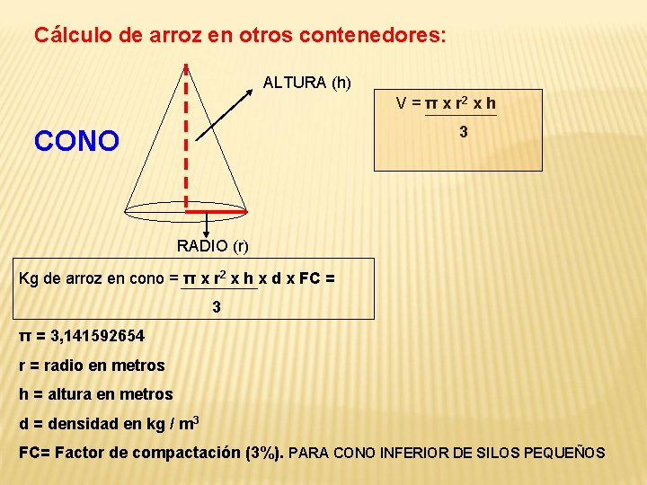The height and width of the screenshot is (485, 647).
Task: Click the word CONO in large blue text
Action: [76, 141]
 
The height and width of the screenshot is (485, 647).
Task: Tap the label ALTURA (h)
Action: [306, 83]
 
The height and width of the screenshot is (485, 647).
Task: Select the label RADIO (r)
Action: [212, 245]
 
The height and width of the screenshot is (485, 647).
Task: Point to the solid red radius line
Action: [216, 210]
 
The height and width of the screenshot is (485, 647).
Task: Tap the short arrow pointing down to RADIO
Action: [208, 224]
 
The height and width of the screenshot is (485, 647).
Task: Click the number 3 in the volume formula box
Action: [463, 132]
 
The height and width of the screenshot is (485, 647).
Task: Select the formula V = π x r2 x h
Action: [447, 103]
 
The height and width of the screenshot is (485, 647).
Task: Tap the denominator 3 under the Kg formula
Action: [217, 307]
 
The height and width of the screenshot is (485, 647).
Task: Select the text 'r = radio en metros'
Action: [93, 366]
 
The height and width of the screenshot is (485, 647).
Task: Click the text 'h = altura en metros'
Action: [96, 394]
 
